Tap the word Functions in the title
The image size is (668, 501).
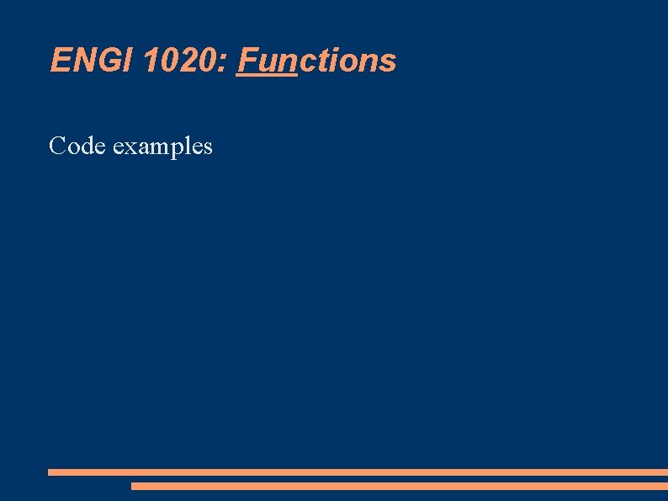coord(316,61)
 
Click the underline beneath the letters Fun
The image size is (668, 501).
coord(268,76)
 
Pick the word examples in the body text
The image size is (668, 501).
coord(162,147)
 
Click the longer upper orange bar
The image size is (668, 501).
coord(358,472)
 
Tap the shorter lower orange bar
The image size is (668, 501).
coord(399,486)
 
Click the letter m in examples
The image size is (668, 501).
coord(155,147)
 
